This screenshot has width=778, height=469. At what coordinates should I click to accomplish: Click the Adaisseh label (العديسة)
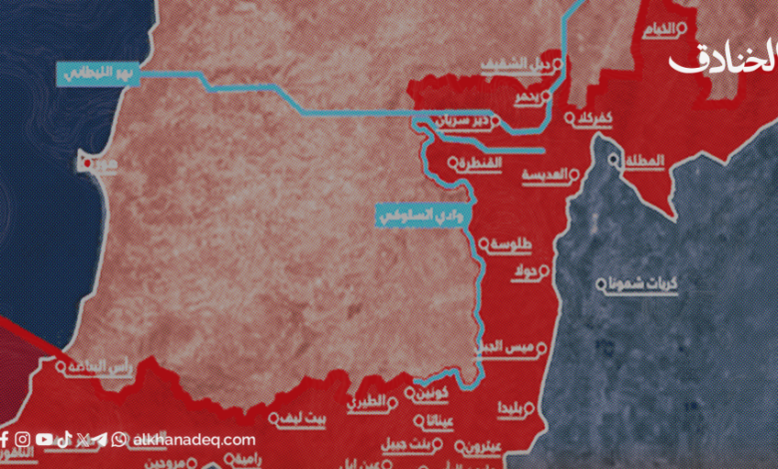coord(552,174)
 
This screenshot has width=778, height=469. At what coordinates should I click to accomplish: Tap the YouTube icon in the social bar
coord(45,439)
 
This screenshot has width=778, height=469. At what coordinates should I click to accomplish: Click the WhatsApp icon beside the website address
coord(120,439)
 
